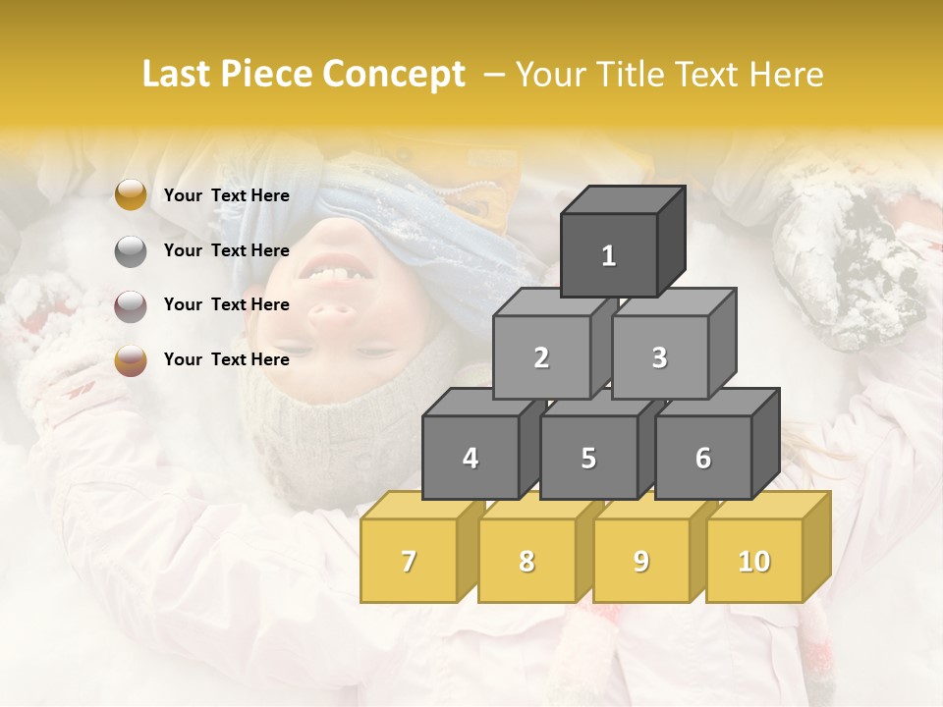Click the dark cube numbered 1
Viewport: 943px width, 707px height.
click(x=609, y=255)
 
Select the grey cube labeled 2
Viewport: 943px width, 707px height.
click(x=541, y=357)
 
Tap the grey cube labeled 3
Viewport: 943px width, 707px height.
click(x=659, y=357)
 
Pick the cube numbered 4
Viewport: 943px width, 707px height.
click(x=471, y=458)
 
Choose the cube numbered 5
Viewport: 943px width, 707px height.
click(x=588, y=458)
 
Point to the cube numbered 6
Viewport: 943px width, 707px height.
click(x=703, y=458)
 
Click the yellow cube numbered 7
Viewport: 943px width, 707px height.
click(x=409, y=561)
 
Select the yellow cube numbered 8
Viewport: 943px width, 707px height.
click(x=527, y=561)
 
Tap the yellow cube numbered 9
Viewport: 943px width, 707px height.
click(x=641, y=561)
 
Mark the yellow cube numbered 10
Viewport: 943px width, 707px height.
click(x=753, y=561)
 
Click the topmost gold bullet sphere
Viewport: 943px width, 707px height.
click(x=131, y=195)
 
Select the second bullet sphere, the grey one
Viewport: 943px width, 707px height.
click(x=131, y=250)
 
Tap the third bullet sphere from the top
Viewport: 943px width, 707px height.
click(x=131, y=304)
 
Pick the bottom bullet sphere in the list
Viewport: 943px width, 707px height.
click(x=131, y=359)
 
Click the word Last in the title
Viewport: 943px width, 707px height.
click(x=178, y=75)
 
